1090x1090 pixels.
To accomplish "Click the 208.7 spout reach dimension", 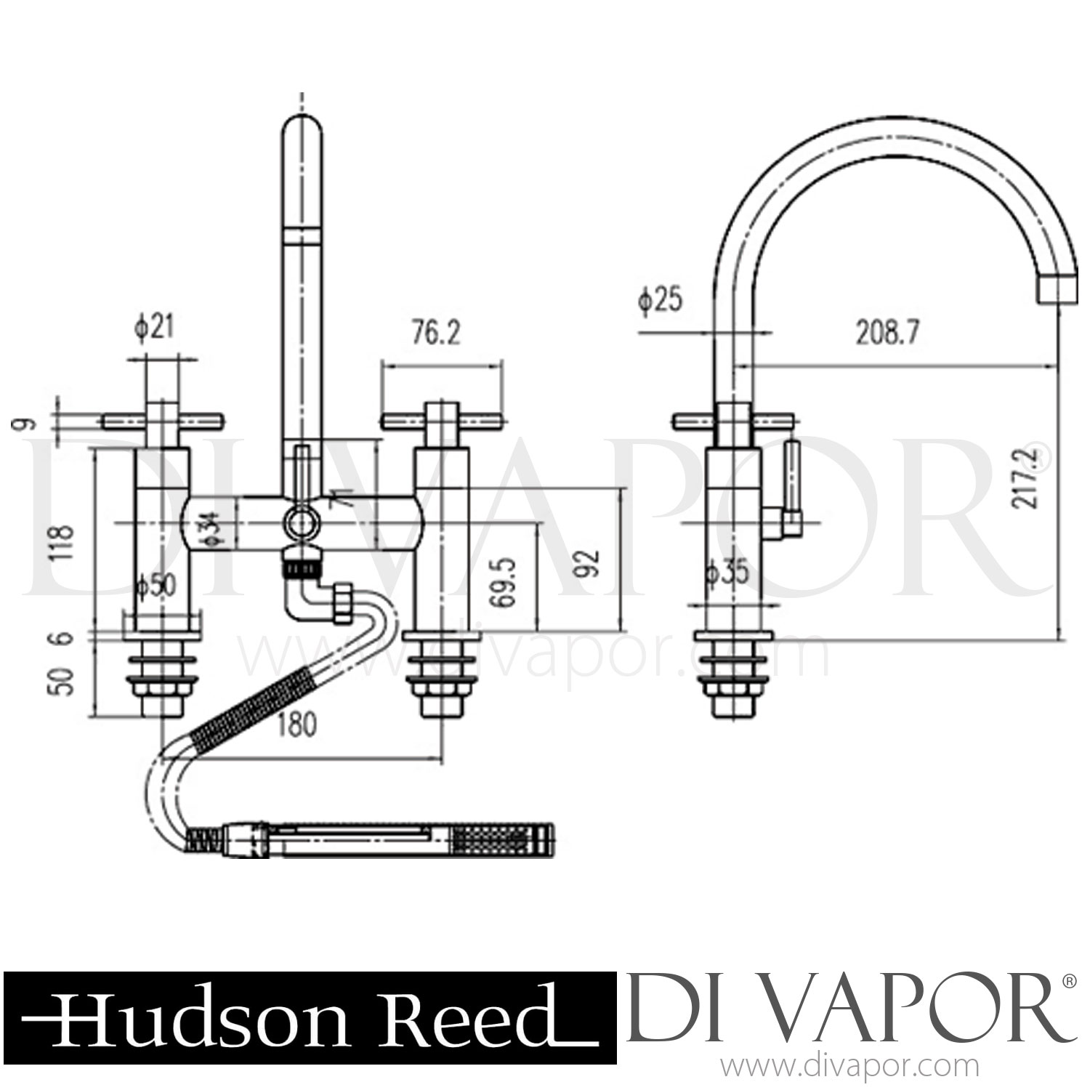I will point(887,334).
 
